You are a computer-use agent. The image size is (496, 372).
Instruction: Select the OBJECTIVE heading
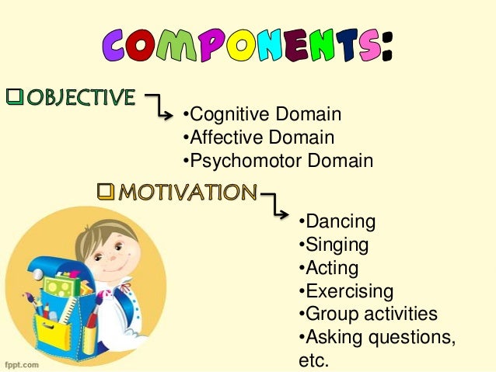78,98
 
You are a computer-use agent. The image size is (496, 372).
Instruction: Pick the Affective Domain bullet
257,138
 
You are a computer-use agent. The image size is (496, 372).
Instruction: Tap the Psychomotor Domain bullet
277,161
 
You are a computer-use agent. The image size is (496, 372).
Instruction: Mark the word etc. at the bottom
315,360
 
